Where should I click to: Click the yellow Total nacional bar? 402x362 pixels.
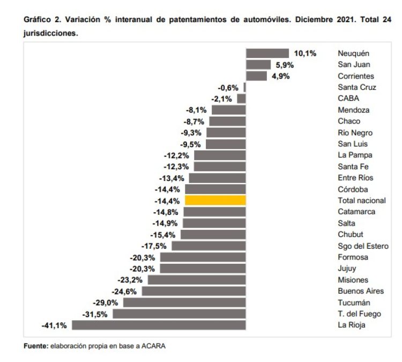pyautogui.click(x=215, y=200)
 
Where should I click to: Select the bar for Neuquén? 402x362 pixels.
pyautogui.click(x=267, y=53)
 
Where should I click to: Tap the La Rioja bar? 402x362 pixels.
pyautogui.click(x=159, y=325)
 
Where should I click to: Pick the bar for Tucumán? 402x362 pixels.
pyautogui.click(x=184, y=302)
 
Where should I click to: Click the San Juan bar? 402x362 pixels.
pyautogui.click(x=258, y=64)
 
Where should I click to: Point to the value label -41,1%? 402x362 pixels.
pyautogui.click(x=54, y=325)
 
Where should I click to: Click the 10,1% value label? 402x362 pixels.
pyautogui.click(x=305, y=53)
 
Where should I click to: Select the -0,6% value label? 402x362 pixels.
pyautogui.click(x=228, y=87)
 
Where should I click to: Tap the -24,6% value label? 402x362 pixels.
pyautogui.click(x=124, y=291)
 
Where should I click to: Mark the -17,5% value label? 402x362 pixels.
pyautogui.click(x=154, y=246)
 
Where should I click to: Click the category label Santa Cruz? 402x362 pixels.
pyautogui.click(x=356, y=87)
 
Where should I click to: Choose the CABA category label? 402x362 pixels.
pyautogui.click(x=348, y=98)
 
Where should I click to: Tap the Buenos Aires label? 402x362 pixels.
pyautogui.click(x=361, y=291)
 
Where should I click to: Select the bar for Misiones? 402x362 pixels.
pyautogui.click(x=197, y=280)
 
